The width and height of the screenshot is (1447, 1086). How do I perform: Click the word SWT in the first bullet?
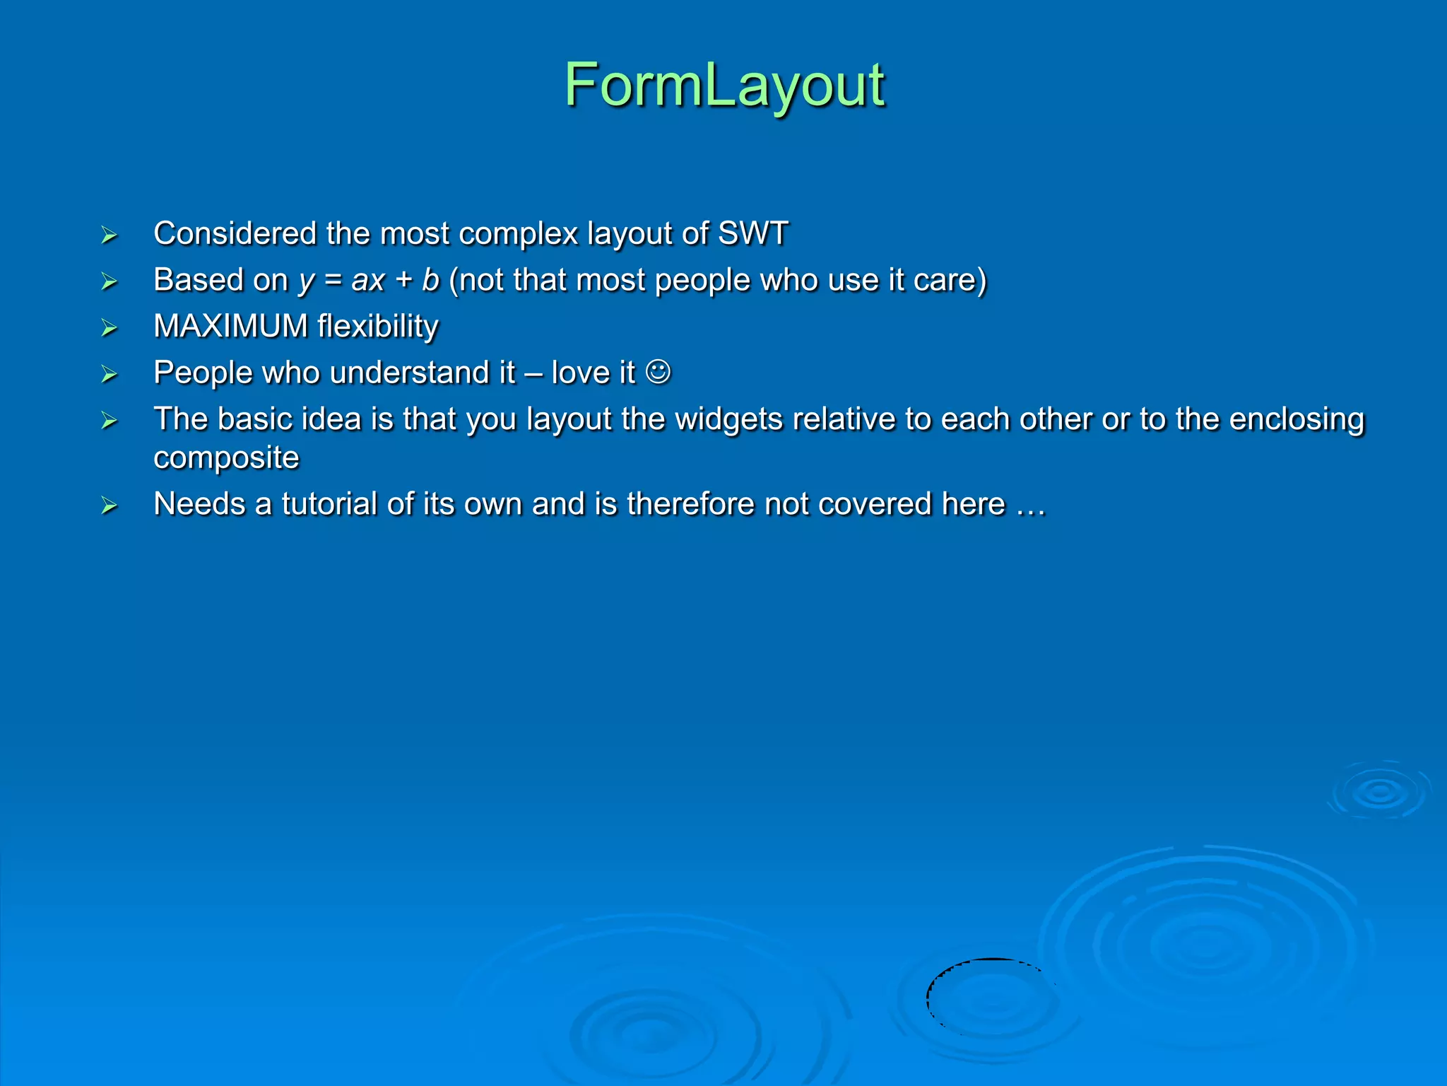[752, 233]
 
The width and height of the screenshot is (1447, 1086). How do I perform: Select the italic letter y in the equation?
[305, 281]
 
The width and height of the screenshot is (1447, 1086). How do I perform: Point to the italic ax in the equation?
[368, 281]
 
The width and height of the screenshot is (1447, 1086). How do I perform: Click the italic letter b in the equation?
[430, 280]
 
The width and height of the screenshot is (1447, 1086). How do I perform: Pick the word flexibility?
[377, 327]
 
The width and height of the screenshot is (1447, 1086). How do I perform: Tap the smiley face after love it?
[658, 372]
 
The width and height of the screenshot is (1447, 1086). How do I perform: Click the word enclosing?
[1297, 419]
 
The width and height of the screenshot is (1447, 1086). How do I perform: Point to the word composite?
[226, 458]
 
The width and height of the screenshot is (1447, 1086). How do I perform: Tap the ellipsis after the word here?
[1030, 505]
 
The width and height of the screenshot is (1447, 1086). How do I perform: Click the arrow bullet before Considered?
[109, 235]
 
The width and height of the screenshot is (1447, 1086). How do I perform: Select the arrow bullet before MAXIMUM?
[109, 328]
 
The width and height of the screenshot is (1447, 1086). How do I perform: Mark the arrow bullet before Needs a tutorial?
[109, 506]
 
